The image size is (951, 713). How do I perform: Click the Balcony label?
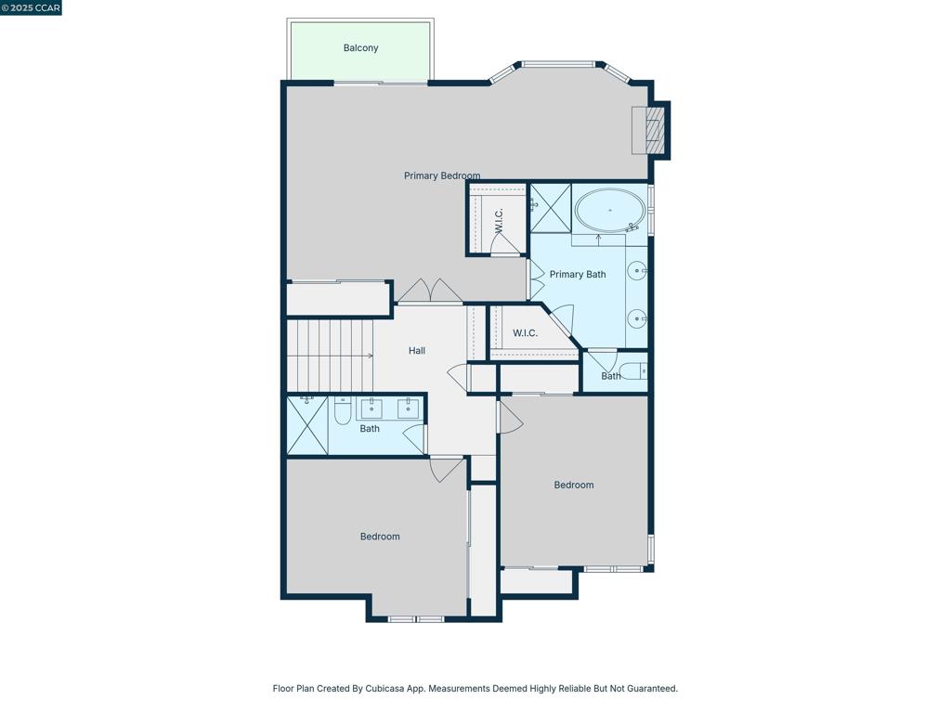(x=360, y=48)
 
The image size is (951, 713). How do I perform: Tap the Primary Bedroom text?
(x=442, y=175)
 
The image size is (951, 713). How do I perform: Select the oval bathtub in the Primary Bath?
(x=608, y=211)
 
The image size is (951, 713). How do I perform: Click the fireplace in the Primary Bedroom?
(x=650, y=130)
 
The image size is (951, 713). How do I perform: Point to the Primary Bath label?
(x=577, y=275)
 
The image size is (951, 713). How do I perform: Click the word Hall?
(x=417, y=351)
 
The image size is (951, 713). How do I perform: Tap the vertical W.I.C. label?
(x=499, y=221)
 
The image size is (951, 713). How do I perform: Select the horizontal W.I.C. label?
(x=525, y=333)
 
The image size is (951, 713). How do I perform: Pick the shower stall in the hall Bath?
(x=306, y=425)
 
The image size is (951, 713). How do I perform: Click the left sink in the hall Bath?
(x=371, y=408)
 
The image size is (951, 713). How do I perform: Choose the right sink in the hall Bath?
(x=408, y=408)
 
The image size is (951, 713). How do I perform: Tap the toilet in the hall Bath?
(x=343, y=409)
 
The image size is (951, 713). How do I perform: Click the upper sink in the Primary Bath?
(x=637, y=271)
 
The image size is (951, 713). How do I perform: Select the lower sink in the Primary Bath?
(x=637, y=318)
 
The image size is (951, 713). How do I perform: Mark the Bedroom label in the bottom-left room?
(x=380, y=537)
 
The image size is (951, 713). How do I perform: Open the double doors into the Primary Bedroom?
(x=430, y=292)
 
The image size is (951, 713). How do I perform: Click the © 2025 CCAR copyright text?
(x=31, y=7)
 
